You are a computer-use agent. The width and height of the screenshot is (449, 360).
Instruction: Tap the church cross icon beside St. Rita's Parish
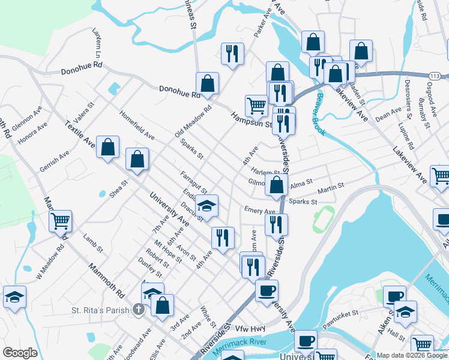pyautogui.click(x=138, y=310)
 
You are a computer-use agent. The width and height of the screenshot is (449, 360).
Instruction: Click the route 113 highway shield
pyautogui.click(x=436, y=75)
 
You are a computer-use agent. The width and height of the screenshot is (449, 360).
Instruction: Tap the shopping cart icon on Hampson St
pyautogui.click(x=256, y=106)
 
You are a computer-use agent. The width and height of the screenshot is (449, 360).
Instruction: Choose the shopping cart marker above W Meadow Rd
pyautogui.click(x=60, y=221)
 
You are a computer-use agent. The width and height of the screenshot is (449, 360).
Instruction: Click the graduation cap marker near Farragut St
pyautogui.click(x=206, y=206)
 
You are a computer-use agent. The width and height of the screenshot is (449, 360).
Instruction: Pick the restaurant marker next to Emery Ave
pyautogui.click(x=276, y=224)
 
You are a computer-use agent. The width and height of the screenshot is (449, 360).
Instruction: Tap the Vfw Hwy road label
pyautogui.click(x=250, y=328)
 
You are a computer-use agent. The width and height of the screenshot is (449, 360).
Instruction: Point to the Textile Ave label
pyautogui.click(x=80, y=135)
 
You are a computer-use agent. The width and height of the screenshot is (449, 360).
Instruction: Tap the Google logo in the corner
pyautogui.click(x=20, y=353)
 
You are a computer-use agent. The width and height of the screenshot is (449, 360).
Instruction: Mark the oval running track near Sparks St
pyautogui.click(x=324, y=220)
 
